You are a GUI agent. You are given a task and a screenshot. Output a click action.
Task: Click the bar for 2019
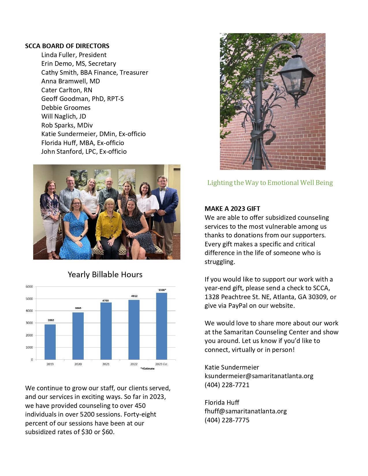(50, 342)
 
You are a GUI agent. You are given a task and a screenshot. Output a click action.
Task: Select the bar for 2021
(106, 331)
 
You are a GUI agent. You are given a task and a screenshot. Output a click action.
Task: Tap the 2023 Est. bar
(162, 326)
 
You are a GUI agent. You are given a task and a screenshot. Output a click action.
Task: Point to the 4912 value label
(134, 296)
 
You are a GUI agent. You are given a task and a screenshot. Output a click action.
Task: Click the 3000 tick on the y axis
(29, 323)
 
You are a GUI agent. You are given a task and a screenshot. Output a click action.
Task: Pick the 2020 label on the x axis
(78, 364)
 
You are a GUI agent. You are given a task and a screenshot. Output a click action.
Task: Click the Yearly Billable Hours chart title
(105, 274)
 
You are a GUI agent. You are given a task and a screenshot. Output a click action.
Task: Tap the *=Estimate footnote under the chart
(147, 369)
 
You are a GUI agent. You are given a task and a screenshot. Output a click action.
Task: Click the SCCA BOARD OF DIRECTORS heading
(67, 46)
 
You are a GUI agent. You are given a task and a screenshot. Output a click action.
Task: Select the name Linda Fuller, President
(74, 55)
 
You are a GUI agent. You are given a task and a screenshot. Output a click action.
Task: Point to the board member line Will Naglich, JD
(63, 116)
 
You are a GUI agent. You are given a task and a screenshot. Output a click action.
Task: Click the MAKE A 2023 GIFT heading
(232, 209)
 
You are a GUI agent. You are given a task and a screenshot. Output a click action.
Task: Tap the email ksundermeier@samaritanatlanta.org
(259, 376)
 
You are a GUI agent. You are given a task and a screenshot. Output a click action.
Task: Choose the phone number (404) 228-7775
(227, 420)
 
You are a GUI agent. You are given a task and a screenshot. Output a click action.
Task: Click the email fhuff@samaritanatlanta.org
(246, 411)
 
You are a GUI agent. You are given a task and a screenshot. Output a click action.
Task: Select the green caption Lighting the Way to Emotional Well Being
(270, 183)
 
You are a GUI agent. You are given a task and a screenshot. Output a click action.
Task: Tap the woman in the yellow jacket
(109, 225)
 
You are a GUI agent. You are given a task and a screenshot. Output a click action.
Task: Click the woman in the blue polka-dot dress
(76, 228)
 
